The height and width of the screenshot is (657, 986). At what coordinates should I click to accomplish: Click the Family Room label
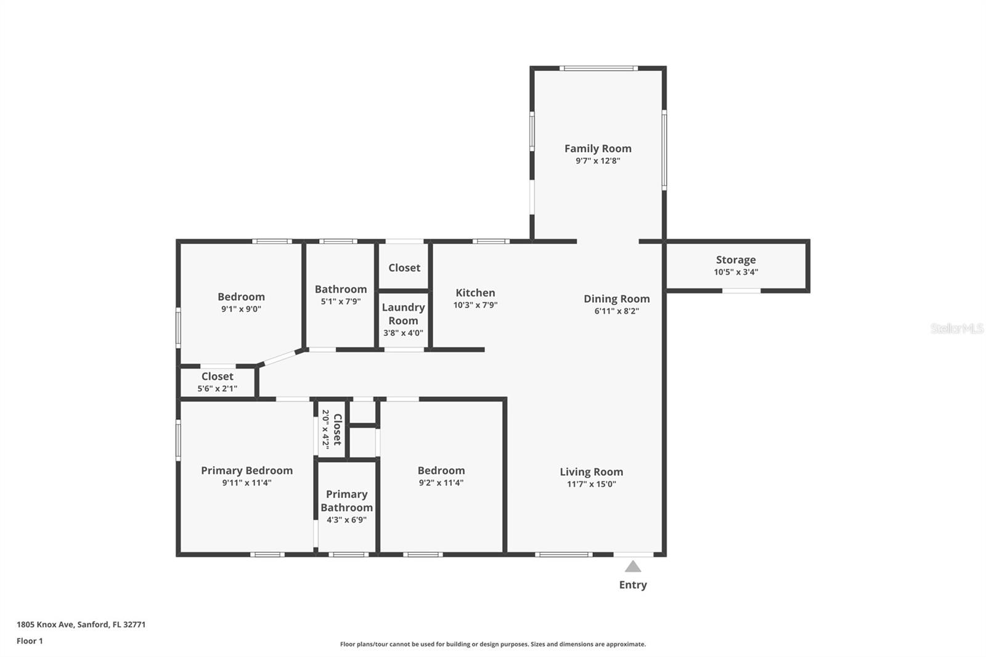coord(598,149)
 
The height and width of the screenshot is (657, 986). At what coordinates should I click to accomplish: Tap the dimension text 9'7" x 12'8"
coord(598,161)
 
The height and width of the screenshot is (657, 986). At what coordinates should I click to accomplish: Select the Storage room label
coord(736,260)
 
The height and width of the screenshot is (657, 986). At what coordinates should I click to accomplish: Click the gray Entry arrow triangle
coord(633,567)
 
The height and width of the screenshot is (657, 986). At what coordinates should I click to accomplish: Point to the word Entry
coord(633,585)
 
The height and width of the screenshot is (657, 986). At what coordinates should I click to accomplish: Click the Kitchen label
coord(475,293)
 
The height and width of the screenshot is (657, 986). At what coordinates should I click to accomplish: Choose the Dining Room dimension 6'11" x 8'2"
coord(616,311)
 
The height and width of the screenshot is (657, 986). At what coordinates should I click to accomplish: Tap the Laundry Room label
coord(403,314)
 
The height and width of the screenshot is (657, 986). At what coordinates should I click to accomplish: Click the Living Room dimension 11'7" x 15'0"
coord(591,484)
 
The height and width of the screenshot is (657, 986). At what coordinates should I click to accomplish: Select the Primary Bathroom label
coord(346,500)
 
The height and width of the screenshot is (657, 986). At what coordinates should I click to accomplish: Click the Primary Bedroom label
coord(246,470)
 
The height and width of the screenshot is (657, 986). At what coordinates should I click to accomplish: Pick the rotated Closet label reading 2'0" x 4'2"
coord(332,430)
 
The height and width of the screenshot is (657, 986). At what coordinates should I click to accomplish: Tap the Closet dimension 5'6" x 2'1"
coord(217,389)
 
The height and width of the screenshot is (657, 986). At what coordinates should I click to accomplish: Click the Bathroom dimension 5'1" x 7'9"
coord(340,302)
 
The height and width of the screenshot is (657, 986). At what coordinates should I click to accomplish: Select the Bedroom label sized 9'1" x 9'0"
coord(241,297)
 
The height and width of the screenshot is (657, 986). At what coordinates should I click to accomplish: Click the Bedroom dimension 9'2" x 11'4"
coord(441,483)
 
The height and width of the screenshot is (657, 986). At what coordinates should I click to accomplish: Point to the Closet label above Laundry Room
coord(404,267)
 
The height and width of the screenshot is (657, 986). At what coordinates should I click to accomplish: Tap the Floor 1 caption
coord(30,641)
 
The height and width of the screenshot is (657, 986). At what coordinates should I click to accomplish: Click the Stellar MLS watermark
coord(956,328)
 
